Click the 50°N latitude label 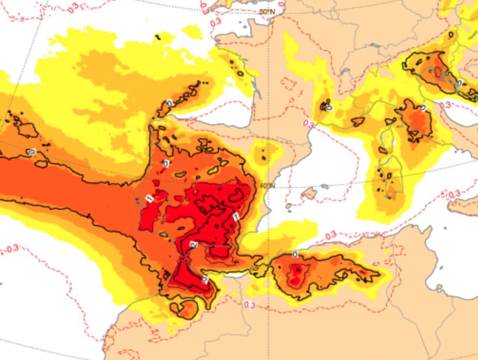click(x=267, y=11)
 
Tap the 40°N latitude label click(x=267, y=186)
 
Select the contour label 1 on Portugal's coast click(x=149, y=198)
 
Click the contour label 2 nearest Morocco click(x=204, y=279)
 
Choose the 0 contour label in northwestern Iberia click(x=166, y=163)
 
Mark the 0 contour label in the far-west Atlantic click(x=31, y=152)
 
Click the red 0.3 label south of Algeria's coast click(x=249, y=305)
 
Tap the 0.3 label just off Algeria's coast click(x=330, y=236)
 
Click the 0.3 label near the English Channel click(x=215, y=22)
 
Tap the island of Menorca click(x=324, y=186)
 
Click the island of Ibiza click(x=288, y=205)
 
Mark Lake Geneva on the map click(x=373, y=45)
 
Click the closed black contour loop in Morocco click(x=184, y=309)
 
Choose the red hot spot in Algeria click(x=295, y=275)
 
